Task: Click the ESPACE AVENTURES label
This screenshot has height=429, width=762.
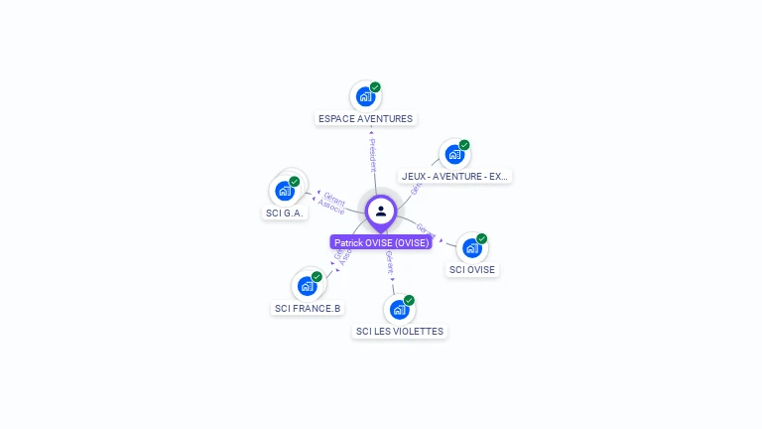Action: coord(365,118)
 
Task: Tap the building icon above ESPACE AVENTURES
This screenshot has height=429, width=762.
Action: coord(365,97)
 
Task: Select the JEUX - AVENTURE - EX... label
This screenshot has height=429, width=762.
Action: coord(455,176)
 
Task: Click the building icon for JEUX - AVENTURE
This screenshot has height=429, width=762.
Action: coord(454,155)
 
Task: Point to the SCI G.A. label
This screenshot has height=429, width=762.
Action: coord(286,213)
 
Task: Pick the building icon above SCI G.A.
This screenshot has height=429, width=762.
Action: coord(285,191)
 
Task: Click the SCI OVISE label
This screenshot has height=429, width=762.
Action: coord(472,269)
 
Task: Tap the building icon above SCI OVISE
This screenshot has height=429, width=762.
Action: coord(471,248)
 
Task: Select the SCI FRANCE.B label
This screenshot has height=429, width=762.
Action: coord(308,308)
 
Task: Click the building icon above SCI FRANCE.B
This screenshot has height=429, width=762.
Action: coord(308,286)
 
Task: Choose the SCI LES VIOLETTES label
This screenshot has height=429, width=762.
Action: coord(400,331)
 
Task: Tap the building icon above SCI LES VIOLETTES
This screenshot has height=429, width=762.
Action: coord(399,310)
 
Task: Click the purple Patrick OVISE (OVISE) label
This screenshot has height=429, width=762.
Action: coord(381,242)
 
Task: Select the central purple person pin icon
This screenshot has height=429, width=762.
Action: coord(381,211)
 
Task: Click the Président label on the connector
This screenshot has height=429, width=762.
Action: coord(372,155)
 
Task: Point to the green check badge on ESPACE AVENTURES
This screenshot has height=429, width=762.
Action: coord(375,87)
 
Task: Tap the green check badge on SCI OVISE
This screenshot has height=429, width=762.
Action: coord(482,238)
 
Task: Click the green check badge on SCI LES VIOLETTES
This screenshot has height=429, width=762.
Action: coord(409,300)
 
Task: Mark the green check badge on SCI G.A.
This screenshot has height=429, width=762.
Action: coord(295,181)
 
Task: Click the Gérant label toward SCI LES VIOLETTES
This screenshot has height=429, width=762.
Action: coord(389,263)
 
